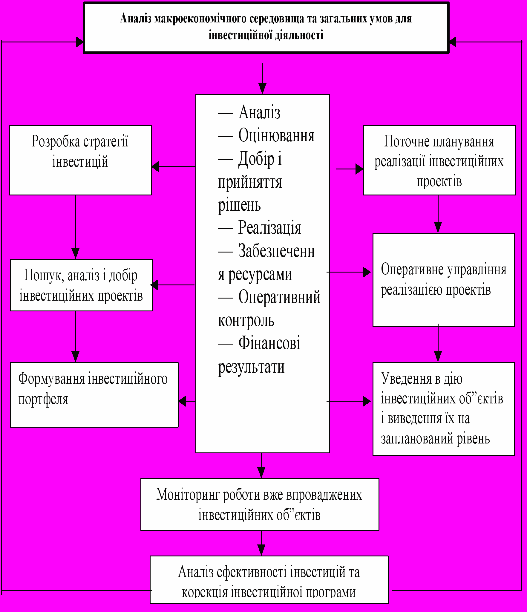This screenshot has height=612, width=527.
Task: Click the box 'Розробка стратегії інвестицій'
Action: pyautogui.click(x=80, y=160)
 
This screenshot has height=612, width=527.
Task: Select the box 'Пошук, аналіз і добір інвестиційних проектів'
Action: pyautogui.click(x=81, y=285)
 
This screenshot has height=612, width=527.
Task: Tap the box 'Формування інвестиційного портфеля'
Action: pyautogui.click(x=94, y=395)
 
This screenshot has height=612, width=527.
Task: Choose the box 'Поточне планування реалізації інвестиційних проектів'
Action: pyautogui.click(x=439, y=160)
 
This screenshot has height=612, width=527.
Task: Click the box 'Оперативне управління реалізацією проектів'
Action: pyautogui.click(x=443, y=280)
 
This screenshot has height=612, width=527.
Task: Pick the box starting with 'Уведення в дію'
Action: pyautogui.click(x=443, y=409)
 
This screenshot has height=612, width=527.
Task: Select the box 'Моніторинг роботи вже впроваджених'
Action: pyautogui.click(x=260, y=504)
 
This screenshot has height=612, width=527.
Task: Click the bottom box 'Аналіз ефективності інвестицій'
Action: pyautogui.click(x=269, y=580)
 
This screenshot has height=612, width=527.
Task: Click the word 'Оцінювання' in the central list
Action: pyautogui.click(x=276, y=135)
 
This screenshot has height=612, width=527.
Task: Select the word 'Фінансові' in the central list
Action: pyautogui.click(x=269, y=343)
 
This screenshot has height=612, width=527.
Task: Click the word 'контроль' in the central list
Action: pyautogui.click(x=246, y=320)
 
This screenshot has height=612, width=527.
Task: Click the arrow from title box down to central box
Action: pyautogui.click(x=262, y=79)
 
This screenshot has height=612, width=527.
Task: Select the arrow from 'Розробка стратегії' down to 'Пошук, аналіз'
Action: pyautogui.click(x=76, y=227)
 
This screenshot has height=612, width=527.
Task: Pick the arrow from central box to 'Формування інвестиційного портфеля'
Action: pyautogui.click(x=187, y=401)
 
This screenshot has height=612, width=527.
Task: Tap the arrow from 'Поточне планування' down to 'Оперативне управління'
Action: pyautogui.click(x=438, y=214)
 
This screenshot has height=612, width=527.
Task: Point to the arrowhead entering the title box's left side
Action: pyautogui.click(x=79, y=42)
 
